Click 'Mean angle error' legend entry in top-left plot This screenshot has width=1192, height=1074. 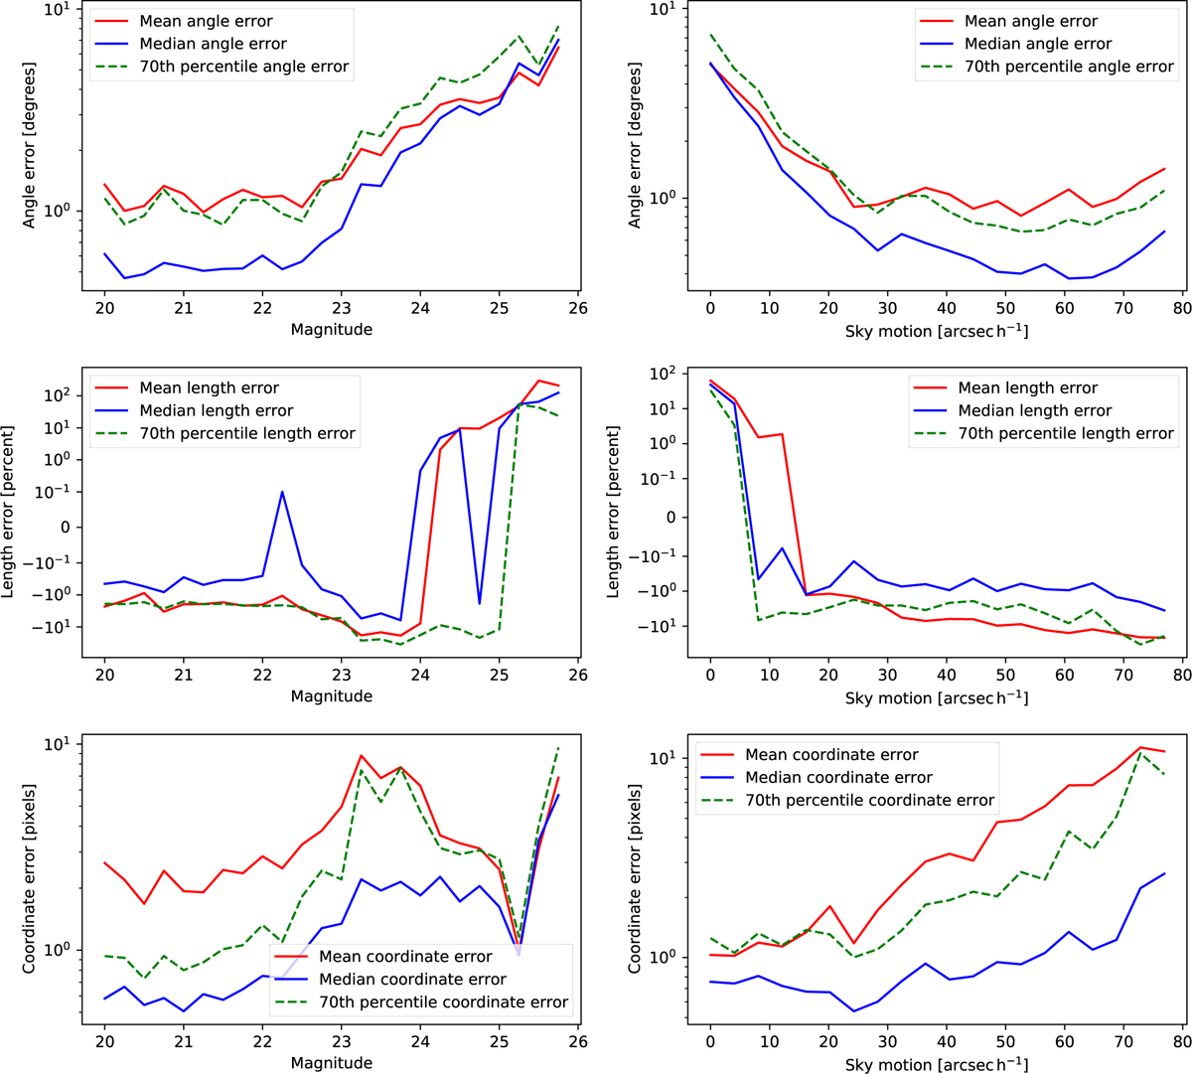click(x=206, y=21)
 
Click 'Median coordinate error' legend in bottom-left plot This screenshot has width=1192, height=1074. click(x=412, y=980)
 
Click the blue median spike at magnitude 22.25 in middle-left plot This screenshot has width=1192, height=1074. click(x=282, y=491)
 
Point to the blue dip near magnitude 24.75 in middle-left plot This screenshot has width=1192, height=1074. click(x=480, y=603)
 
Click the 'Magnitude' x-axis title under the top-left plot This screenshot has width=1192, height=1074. click(x=331, y=329)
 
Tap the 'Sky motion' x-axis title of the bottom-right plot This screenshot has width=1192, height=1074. click(x=936, y=1063)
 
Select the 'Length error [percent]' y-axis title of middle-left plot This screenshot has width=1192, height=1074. click(x=9, y=511)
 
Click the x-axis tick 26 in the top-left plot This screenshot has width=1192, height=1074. click(x=578, y=309)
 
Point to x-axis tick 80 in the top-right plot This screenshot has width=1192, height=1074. click(x=1181, y=309)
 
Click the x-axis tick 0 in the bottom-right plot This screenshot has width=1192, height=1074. click(x=710, y=1043)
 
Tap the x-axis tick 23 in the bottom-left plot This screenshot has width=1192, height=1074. click(x=341, y=1043)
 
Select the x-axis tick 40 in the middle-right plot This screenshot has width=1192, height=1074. click(x=946, y=676)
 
